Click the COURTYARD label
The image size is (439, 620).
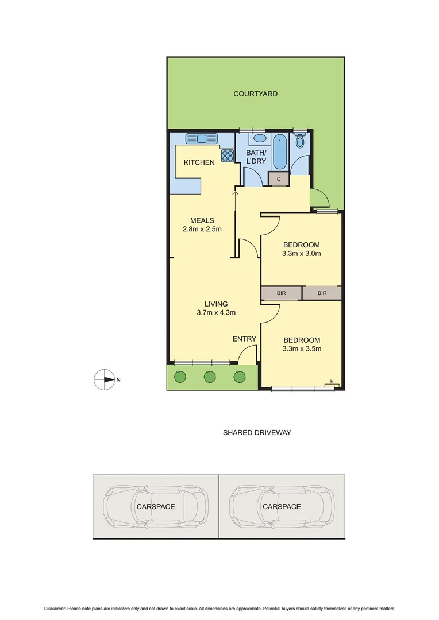pos(255,94)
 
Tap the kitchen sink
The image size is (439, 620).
pos(201,138)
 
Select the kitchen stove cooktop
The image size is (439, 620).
pos(227,155)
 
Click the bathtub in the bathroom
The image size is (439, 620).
pos(281,150)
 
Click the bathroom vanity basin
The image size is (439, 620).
pos(260,138)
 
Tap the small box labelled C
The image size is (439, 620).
pos(279,179)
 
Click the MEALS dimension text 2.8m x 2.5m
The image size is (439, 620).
pos(198,230)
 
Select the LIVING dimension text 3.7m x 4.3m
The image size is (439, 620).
pos(216,313)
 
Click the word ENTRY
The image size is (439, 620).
pos(244,339)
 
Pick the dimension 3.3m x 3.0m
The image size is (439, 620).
pos(301,254)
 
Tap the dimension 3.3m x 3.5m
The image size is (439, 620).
pos(301,349)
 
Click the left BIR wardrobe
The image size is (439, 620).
pos(281,293)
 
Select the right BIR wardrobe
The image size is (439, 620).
pos(322,293)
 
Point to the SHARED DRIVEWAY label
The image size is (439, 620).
pos(257,433)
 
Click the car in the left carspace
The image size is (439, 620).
pos(155,507)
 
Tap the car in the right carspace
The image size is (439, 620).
pos(282,507)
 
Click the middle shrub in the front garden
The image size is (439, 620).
pos(210,377)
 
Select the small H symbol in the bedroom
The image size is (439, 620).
pos(332,381)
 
